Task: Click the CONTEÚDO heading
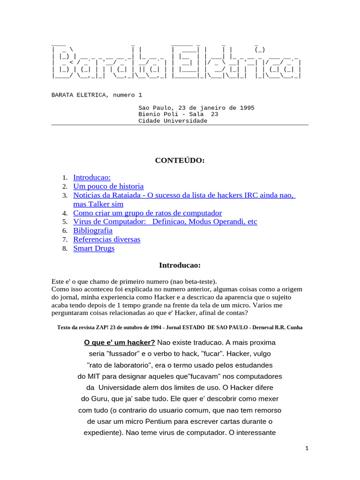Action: pos(180,161)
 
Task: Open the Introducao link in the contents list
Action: pos(92,177)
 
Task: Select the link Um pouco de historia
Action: pos(108,186)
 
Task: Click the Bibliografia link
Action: pos(93,231)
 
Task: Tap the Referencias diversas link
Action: pos(106,240)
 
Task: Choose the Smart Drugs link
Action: pos(94,248)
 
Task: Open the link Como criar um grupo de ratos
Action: pos(147,213)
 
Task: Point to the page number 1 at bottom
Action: pos(307,449)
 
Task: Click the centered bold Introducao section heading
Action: pos(180,266)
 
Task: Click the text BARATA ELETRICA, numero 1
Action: pos(97,95)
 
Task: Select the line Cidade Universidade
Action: pos(172,121)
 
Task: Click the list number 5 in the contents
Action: pos(66,222)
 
